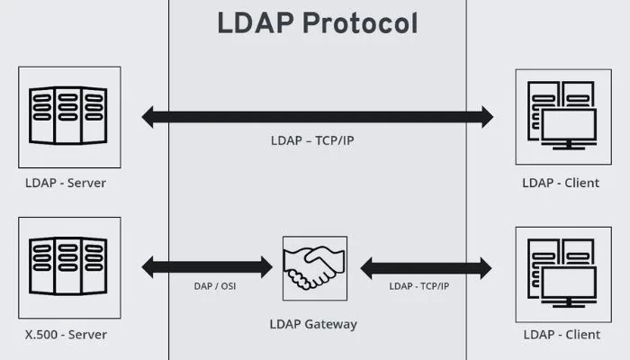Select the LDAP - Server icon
[x=69, y=116]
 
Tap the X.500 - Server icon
[x=69, y=266]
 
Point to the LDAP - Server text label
[x=66, y=184]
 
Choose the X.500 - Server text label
[x=66, y=335]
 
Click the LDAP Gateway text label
[x=313, y=323]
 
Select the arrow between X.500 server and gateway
[x=206, y=266]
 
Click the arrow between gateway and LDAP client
[x=427, y=267]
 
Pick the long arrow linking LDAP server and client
[x=317, y=116]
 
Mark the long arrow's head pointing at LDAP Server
[x=149, y=116]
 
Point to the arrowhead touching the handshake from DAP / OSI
[x=265, y=266]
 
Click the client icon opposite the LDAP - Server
[x=562, y=116]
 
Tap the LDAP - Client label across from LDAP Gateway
[x=562, y=335]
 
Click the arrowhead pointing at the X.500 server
[x=149, y=266]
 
